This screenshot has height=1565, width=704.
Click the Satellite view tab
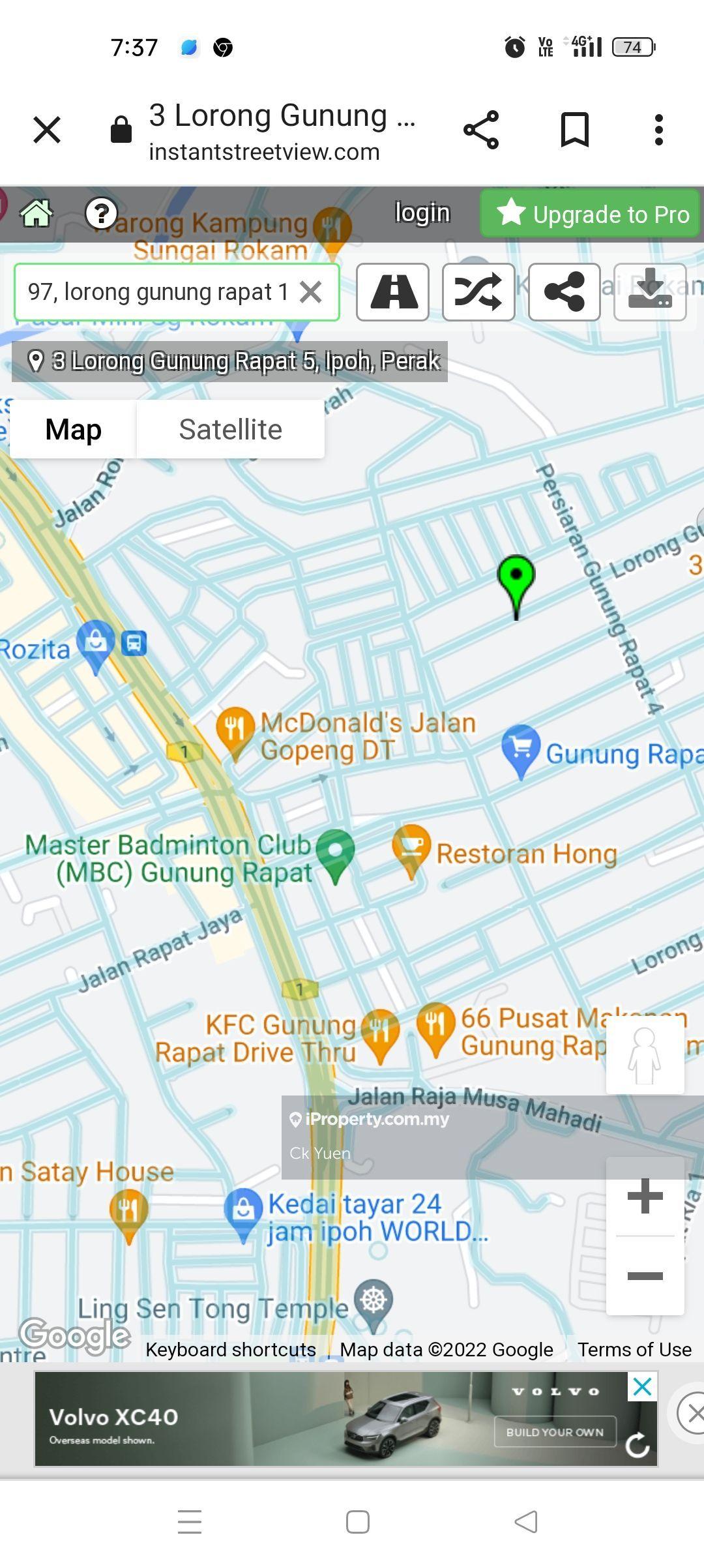pos(230,430)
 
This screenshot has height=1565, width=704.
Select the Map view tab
pos(73,430)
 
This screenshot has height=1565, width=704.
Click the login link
pos(422,213)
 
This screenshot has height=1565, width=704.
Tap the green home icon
pos(37,213)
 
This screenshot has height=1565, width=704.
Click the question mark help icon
pos(101,213)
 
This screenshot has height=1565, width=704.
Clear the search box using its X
pos(311,292)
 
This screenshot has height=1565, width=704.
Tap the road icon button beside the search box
pos(392,292)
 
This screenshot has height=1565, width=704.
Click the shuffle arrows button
pos(478,292)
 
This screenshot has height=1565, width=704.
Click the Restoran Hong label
pos(526,854)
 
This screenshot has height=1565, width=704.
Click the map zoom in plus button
pos(645,1196)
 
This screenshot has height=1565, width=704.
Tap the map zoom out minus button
pos(645,1275)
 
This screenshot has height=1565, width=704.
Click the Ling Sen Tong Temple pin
pos(374,1300)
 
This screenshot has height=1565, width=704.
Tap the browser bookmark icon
pos(575,130)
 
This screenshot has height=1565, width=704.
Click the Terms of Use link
pos(634,1349)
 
